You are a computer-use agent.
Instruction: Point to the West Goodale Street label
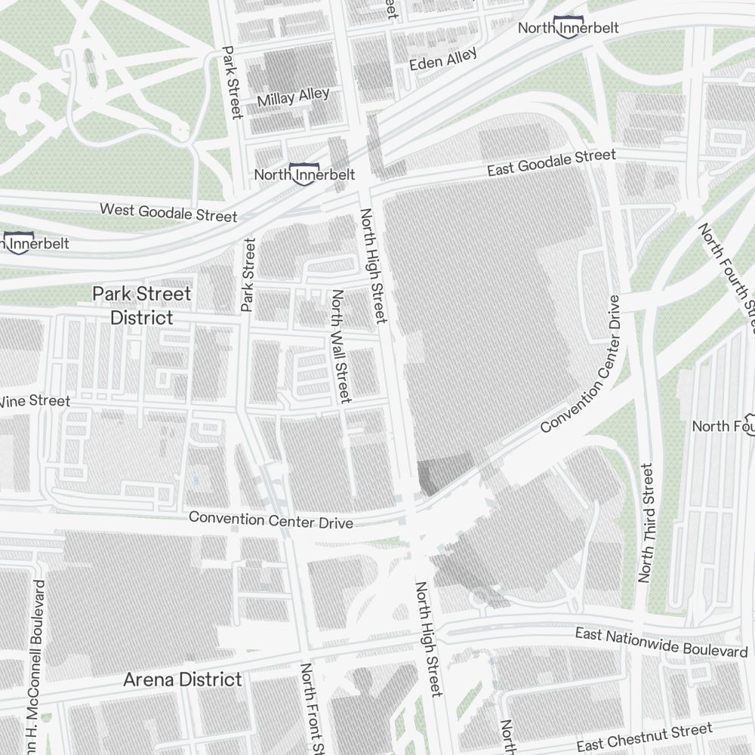pos(168,211)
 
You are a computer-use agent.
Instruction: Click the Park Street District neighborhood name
pos(142,305)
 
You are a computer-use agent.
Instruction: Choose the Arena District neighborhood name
pos(183,679)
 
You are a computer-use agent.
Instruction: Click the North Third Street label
pos(646,523)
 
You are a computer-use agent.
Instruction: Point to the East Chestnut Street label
pos(644,737)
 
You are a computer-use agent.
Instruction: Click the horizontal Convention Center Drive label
pos(270,519)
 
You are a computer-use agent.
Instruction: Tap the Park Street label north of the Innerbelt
pos(232,82)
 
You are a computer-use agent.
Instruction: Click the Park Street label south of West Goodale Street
pos(248,275)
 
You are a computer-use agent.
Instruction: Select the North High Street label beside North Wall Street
pos(374,266)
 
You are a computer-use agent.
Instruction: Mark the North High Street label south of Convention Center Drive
pos(427,639)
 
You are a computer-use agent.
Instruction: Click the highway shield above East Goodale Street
pos(567,26)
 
